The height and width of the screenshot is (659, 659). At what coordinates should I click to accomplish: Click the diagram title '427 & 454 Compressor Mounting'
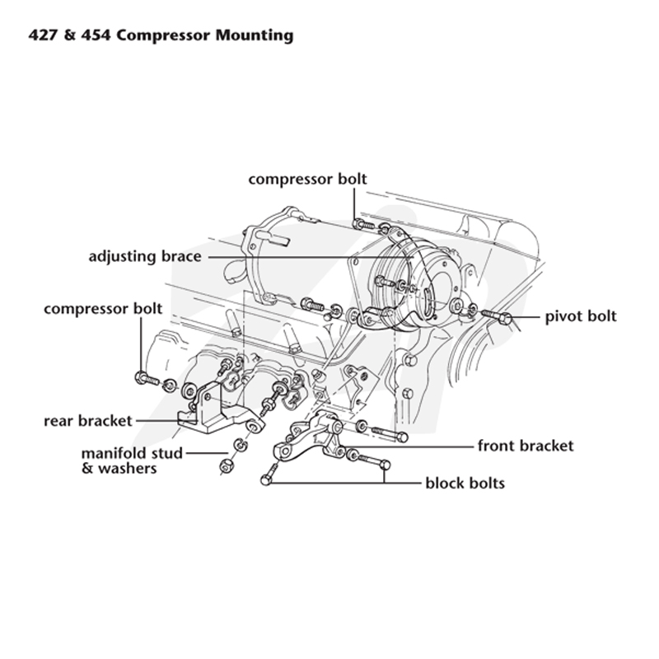click(161, 35)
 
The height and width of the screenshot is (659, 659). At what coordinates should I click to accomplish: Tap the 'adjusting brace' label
click(145, 256)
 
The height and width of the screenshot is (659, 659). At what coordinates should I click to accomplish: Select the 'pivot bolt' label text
click(581, 316)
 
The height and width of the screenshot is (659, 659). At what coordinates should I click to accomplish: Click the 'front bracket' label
click(526, 446)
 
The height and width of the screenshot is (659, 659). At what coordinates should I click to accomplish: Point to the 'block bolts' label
click(465, 483)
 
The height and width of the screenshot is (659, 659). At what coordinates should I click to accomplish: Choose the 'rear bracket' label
click(88, 421)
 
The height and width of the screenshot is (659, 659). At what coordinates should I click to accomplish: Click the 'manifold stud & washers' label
click(132, 460)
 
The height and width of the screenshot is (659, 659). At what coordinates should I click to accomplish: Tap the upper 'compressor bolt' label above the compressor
click(307, 179)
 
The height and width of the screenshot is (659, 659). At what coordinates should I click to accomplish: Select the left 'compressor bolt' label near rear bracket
click(103, 309)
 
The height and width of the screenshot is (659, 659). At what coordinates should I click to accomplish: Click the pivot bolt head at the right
click(507, 319)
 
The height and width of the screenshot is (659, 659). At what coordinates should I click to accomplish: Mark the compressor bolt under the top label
click(363, 225)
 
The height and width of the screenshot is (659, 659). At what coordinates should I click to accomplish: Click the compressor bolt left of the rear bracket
click(147, 379)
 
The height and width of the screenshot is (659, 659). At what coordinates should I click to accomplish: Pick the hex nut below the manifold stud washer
click(227, 465)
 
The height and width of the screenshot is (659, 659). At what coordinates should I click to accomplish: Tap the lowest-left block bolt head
click(265, 479)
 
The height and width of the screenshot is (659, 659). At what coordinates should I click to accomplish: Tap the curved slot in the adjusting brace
click(428, 301)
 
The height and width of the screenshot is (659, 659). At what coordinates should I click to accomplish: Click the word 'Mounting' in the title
click(255, 35)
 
